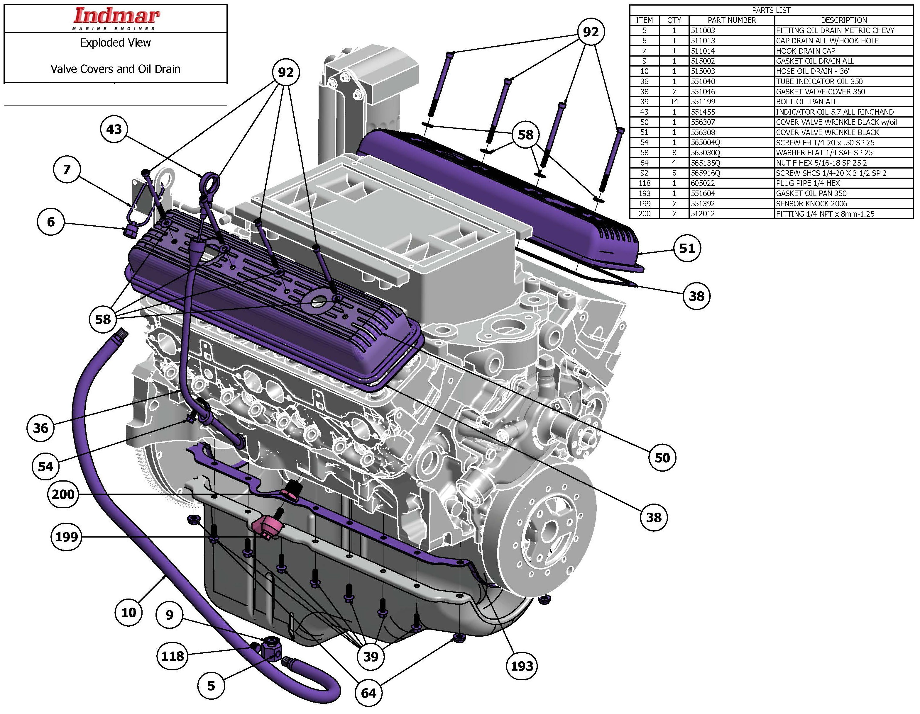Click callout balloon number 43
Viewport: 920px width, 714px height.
coord(114,129)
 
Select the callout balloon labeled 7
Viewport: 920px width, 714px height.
coord(67,169)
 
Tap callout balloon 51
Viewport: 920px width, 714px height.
coord(687,248)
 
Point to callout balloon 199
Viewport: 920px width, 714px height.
coord(67,537)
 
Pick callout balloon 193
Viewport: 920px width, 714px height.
coord(522,666)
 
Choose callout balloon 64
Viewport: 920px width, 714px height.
coord(368,693)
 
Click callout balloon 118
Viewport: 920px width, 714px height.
coord(173,655)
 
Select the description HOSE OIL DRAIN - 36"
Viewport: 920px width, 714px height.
coord(813,71)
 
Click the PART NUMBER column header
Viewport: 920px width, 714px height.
coord(732,20)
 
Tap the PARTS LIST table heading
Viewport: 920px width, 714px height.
coord(771,10)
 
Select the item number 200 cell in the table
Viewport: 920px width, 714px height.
coord(644,214)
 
